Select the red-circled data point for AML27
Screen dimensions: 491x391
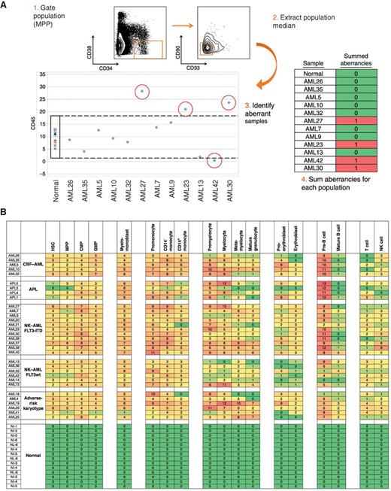coord(142,92)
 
